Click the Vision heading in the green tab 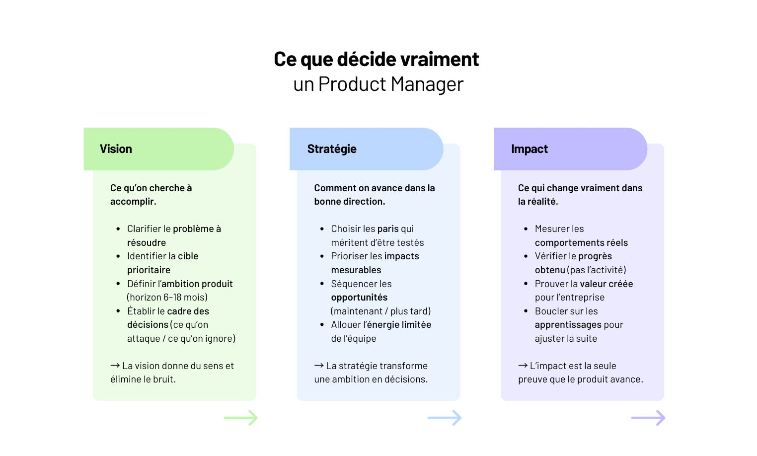[116, 149]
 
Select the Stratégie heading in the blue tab [332, 149]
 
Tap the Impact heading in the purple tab [529, 149]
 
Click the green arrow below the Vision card [241, 418]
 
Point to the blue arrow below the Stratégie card [445, 418]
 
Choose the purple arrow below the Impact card [648, 418]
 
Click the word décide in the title [367, 59]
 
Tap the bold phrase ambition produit [197, 284]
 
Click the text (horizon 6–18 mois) [167, 298]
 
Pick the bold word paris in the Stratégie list [388, 229]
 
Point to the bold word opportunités [359, 298]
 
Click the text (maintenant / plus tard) [381, 311]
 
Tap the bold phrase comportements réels [581, 243]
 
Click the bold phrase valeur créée [606, 284]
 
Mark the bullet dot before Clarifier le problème [118, 229]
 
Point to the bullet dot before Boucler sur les [526, 311]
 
